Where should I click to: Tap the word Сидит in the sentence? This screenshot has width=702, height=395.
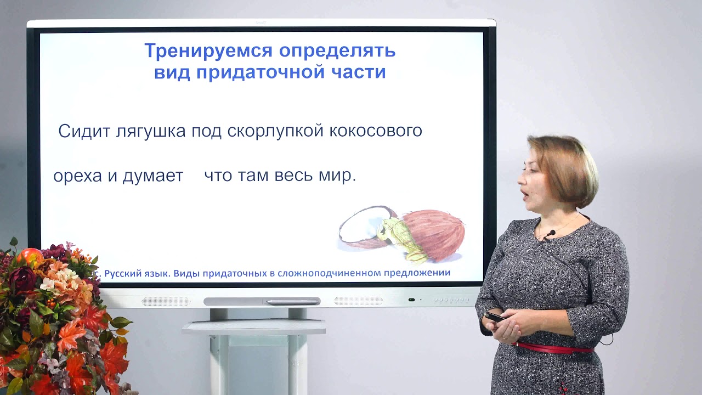tap(84, 131)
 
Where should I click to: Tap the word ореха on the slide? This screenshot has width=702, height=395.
tap(77, 177)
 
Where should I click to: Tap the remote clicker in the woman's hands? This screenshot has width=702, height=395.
tap(495, 317)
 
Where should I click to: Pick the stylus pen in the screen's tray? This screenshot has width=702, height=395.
tap(291, 301)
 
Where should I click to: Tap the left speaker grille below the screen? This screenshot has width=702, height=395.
tap(166, 301)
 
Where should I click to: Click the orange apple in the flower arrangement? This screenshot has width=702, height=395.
tap(31, 257)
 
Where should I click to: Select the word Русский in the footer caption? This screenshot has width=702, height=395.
tap(124, 273)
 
